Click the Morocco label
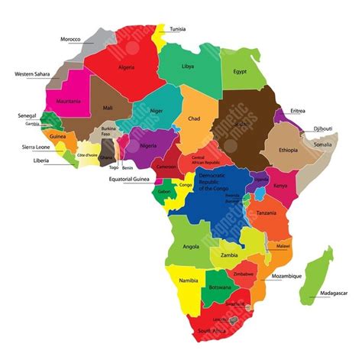pos(70,39)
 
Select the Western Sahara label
pos(32,74)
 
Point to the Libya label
pos(187,66)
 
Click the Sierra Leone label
pos(26,146)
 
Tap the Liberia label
pos(31,161)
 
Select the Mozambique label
pos(286,275)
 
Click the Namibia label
pos(189,281)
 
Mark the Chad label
pos(194,118)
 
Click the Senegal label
pos(27,115)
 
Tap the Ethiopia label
pos(289,150)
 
